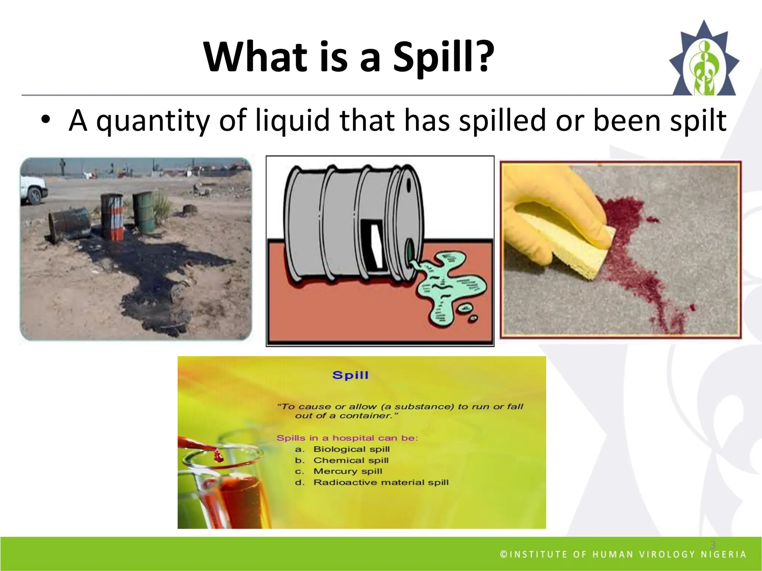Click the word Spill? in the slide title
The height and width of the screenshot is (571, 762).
coord(444,58)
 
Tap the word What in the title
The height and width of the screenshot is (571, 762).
coord(255,58)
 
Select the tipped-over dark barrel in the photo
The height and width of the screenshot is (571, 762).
coord(69,225)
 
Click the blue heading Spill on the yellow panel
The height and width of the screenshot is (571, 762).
coord(350,375)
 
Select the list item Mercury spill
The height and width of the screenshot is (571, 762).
coord(348,471)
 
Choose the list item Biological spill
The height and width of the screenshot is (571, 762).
coord(351,449)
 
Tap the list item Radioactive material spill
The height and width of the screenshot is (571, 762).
coord(381,483)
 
